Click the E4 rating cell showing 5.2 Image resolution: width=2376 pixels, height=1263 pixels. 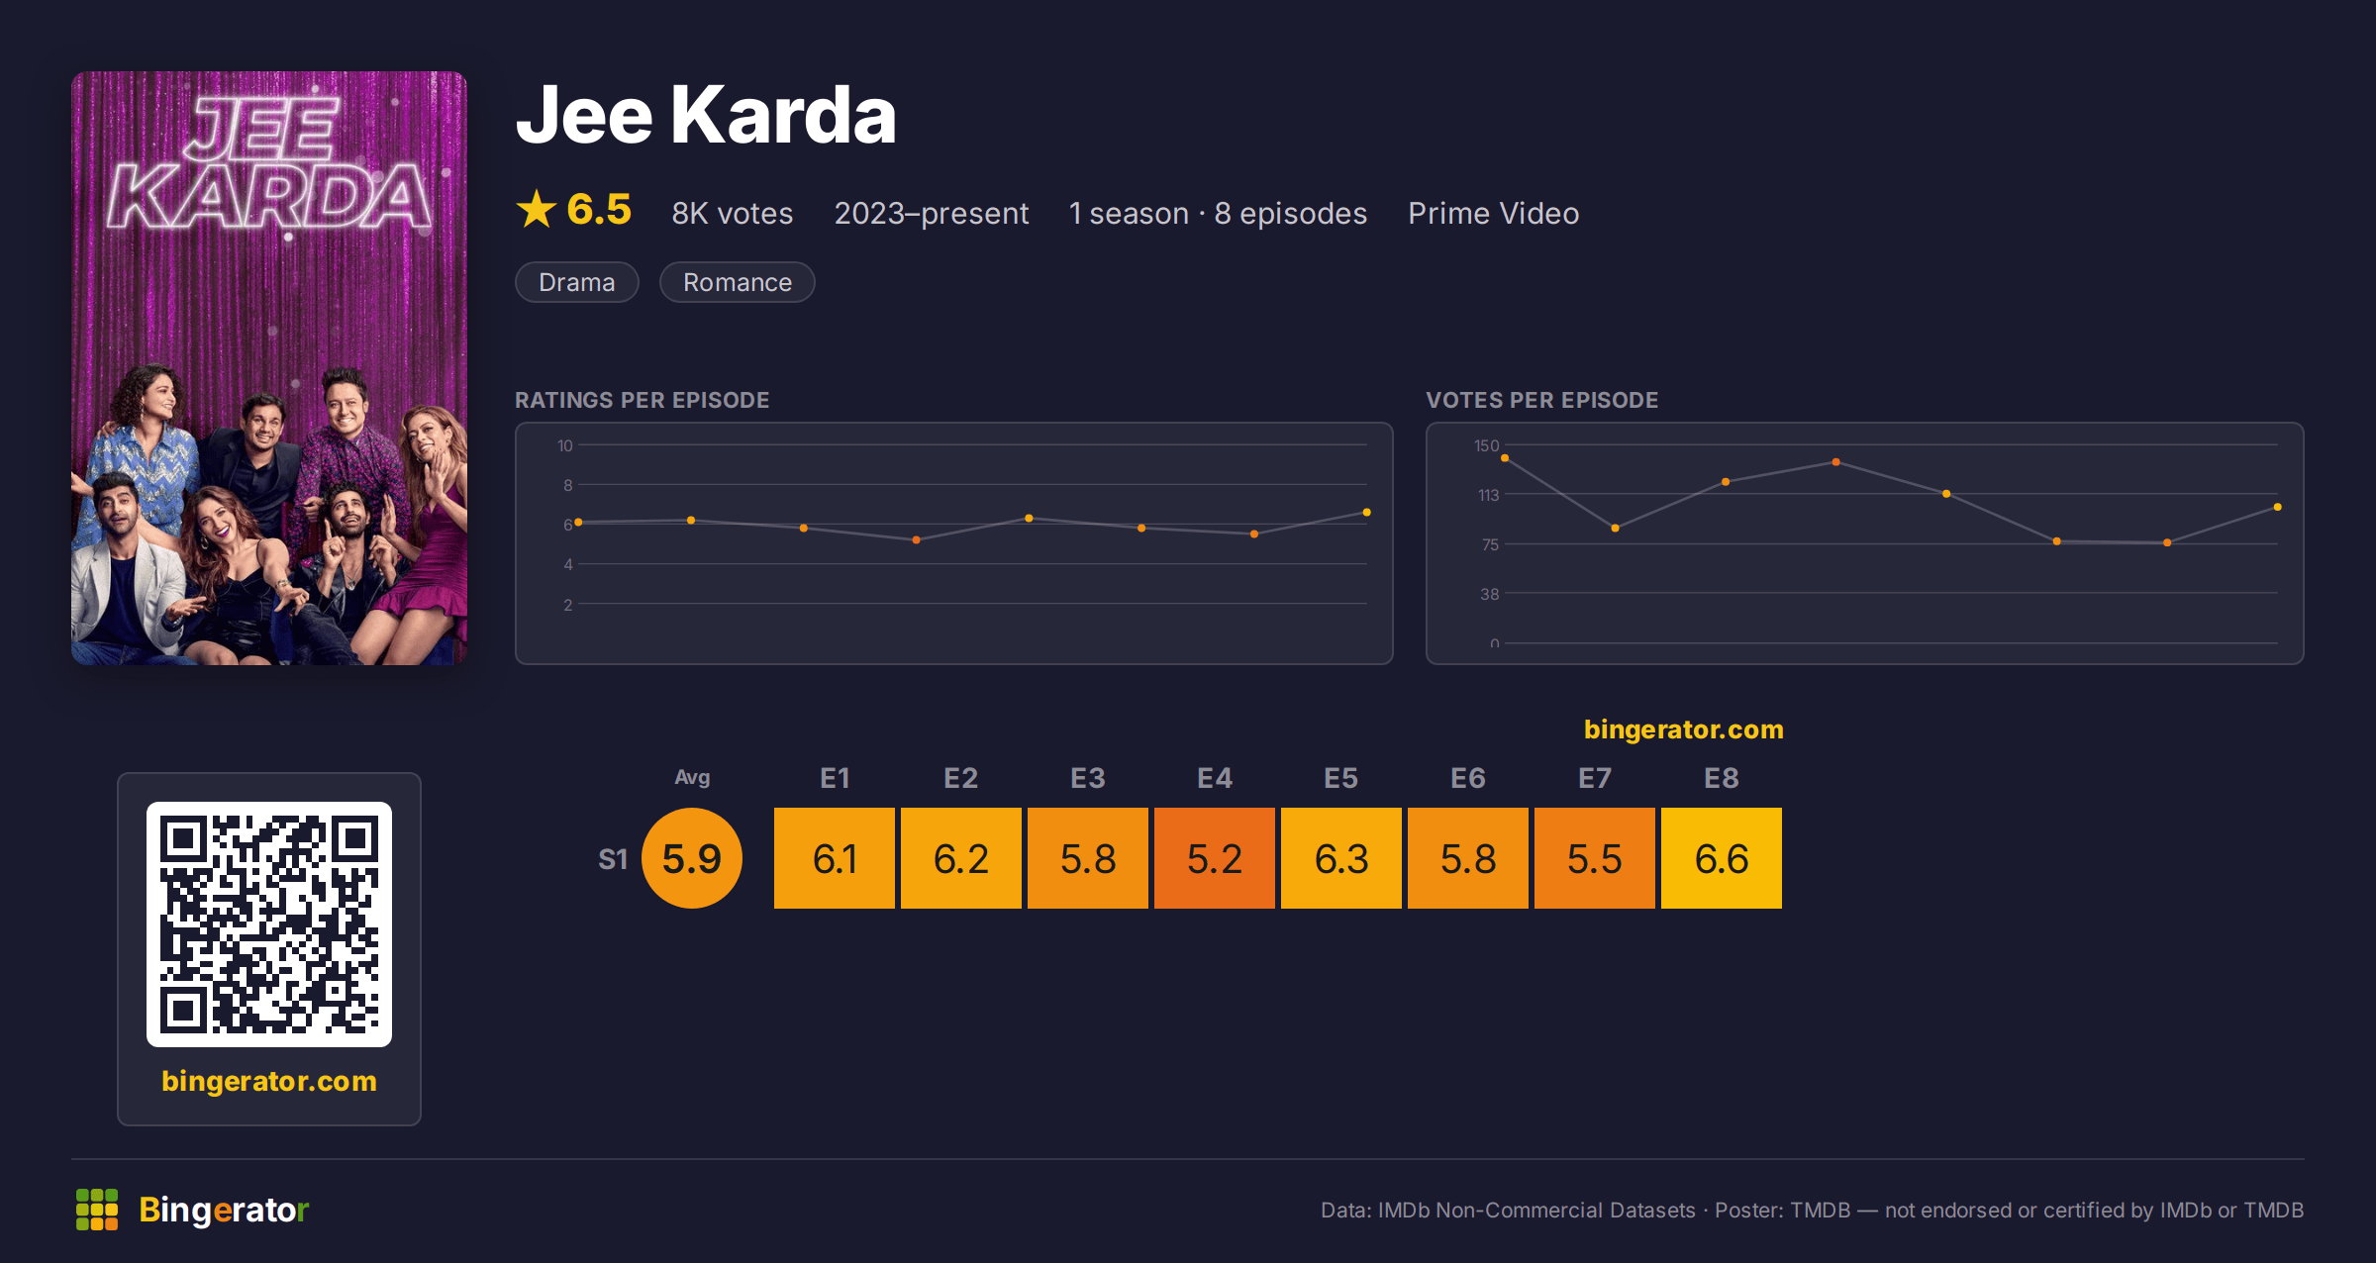[1215, 858]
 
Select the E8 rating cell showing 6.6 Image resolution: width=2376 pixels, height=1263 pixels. [1722, 858]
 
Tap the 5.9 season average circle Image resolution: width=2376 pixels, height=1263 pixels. [692, 858]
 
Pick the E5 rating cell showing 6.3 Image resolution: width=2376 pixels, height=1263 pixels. [1341, 858]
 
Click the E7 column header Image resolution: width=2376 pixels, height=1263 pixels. [1595, 778]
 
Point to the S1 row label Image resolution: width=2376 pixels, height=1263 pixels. [613, 859]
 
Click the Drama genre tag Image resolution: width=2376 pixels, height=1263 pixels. [577, 282]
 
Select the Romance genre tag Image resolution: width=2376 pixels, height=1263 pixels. [738, 282]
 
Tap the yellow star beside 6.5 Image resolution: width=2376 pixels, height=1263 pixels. [537, 209]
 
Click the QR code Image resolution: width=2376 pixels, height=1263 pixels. [269, 924]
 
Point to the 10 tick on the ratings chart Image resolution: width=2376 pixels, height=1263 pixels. [565, 445]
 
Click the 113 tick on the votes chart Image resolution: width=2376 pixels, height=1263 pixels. [1489, 495]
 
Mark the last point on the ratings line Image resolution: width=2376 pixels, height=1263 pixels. [1367, 513]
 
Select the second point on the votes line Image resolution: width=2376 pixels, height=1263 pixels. [1616, 529]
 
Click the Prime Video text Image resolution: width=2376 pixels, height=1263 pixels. [1494, 213]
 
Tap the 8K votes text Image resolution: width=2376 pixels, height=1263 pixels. [733, 213]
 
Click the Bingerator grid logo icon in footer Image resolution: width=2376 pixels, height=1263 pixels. [97, 1210]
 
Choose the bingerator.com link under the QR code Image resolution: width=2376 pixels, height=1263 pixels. [269, 1081]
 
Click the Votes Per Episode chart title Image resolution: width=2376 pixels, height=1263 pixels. [1542, 400]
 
